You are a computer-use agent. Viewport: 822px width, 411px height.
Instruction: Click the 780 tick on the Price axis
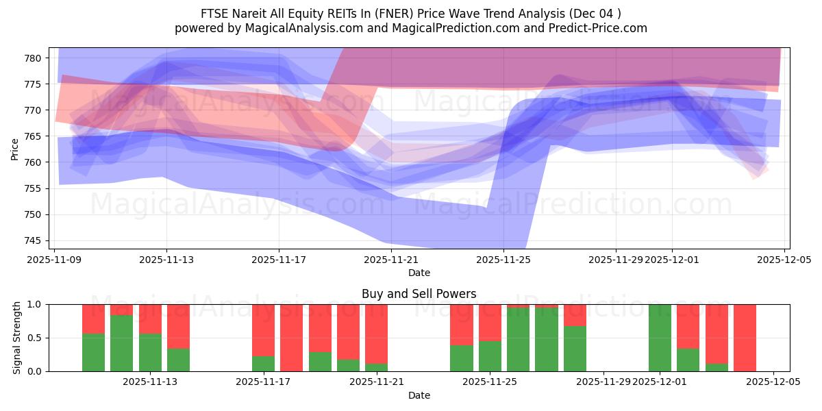click(x=34, y=58)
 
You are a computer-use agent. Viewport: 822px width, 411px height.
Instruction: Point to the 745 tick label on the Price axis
click(x=34, y=240)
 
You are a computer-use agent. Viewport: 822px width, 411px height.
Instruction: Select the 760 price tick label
click(x=34, y=162)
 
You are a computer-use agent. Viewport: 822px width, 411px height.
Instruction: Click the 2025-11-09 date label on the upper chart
click(x=54, y=260)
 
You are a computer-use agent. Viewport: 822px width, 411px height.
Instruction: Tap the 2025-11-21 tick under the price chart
click(x=391, y=260)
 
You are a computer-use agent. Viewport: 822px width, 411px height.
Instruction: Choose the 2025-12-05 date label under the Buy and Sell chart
click(x=773, y=382)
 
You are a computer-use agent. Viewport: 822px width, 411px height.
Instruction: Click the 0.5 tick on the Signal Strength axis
click(x=36, y=338)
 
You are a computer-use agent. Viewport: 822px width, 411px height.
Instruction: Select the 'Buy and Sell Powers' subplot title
click(x=419, y=294)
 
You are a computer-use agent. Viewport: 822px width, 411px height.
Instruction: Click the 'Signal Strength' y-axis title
click(x=17, y=338)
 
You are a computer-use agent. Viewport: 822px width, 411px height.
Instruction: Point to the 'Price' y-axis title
click(x=15, y=149)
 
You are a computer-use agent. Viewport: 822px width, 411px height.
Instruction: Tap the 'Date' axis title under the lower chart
click(x=419, y=395)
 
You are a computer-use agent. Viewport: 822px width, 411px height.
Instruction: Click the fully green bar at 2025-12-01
click(x=660, y=338)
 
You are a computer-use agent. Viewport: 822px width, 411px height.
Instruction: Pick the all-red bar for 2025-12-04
click(x=745, y=338)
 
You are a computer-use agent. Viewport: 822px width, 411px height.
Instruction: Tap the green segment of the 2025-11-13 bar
click(x=150, y=353)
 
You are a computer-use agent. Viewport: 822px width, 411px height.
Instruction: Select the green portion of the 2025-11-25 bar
click(x=490, y=356)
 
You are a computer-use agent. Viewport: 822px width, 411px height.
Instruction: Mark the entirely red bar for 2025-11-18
click(x=291, y=338)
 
